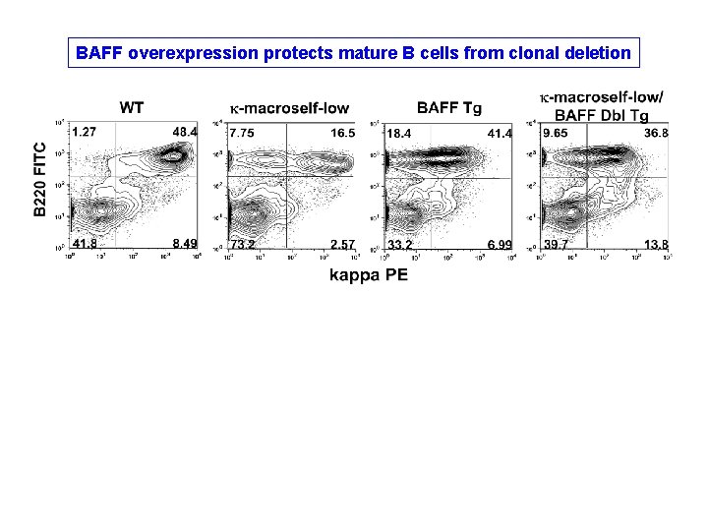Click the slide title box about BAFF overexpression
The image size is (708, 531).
[354, 52]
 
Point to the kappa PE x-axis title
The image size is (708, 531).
[368, 275]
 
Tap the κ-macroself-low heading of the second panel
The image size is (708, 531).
[289, 106]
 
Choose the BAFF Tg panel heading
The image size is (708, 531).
[449, 106]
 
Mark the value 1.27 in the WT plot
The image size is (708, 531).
[84, 132]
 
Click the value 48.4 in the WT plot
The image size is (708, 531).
[185, 132]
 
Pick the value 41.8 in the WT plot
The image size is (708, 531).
[84, 244]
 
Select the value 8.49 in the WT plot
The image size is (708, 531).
[184, 244]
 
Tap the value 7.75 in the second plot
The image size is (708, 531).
[242, 133]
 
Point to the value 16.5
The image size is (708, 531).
[342, 133]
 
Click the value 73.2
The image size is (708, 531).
[243, 244]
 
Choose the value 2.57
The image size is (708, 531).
[342, 244]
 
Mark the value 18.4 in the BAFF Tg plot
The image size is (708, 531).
[399, 133]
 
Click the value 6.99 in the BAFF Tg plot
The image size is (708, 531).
[500, 244]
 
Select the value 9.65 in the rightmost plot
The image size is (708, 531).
[557, 133]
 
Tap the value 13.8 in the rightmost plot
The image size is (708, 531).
[657, 244]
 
